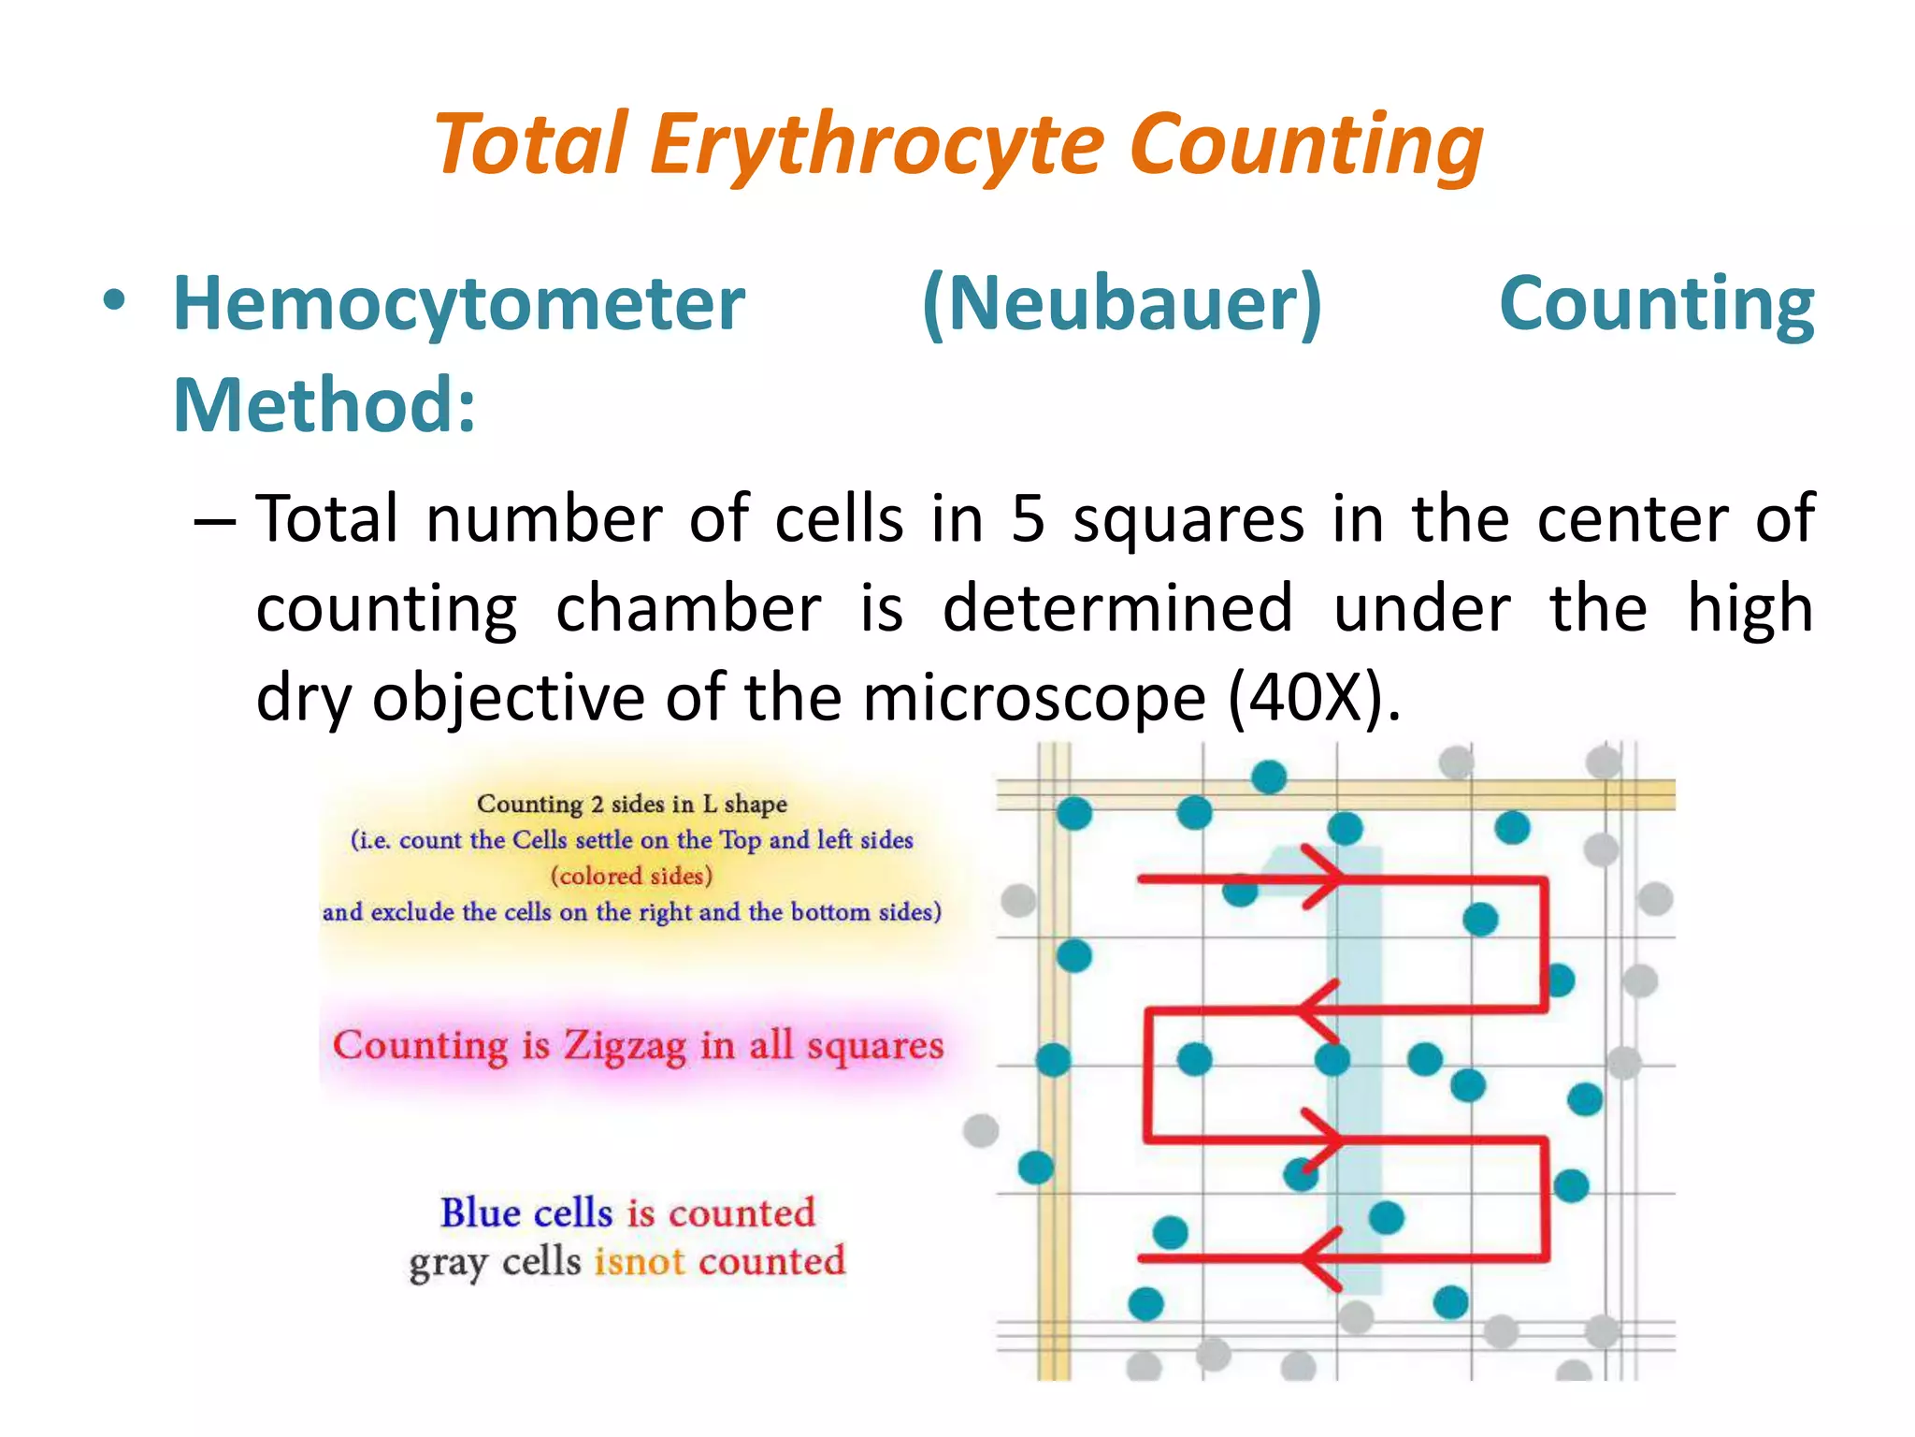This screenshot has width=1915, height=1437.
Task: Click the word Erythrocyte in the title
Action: pos(877,145)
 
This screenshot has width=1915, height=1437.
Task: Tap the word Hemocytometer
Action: pos(459,304)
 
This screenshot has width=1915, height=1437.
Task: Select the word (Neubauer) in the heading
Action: pos(1121,304)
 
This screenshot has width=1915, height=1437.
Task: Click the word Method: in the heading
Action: pos(324,405)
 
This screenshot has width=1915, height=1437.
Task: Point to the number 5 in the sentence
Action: pos(1028,519)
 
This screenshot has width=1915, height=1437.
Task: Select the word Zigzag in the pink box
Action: pos(624,1046)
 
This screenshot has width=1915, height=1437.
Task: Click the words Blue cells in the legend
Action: pos(526,1213)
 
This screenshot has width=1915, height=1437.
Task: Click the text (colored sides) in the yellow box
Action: pos(631,876)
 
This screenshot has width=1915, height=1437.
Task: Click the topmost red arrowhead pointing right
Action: pos(1324,878)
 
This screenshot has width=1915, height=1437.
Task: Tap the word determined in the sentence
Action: pos(1117,609)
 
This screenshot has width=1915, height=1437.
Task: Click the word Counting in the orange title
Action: pos(1305,145)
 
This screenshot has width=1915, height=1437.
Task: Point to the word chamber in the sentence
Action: pos(688,609)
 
